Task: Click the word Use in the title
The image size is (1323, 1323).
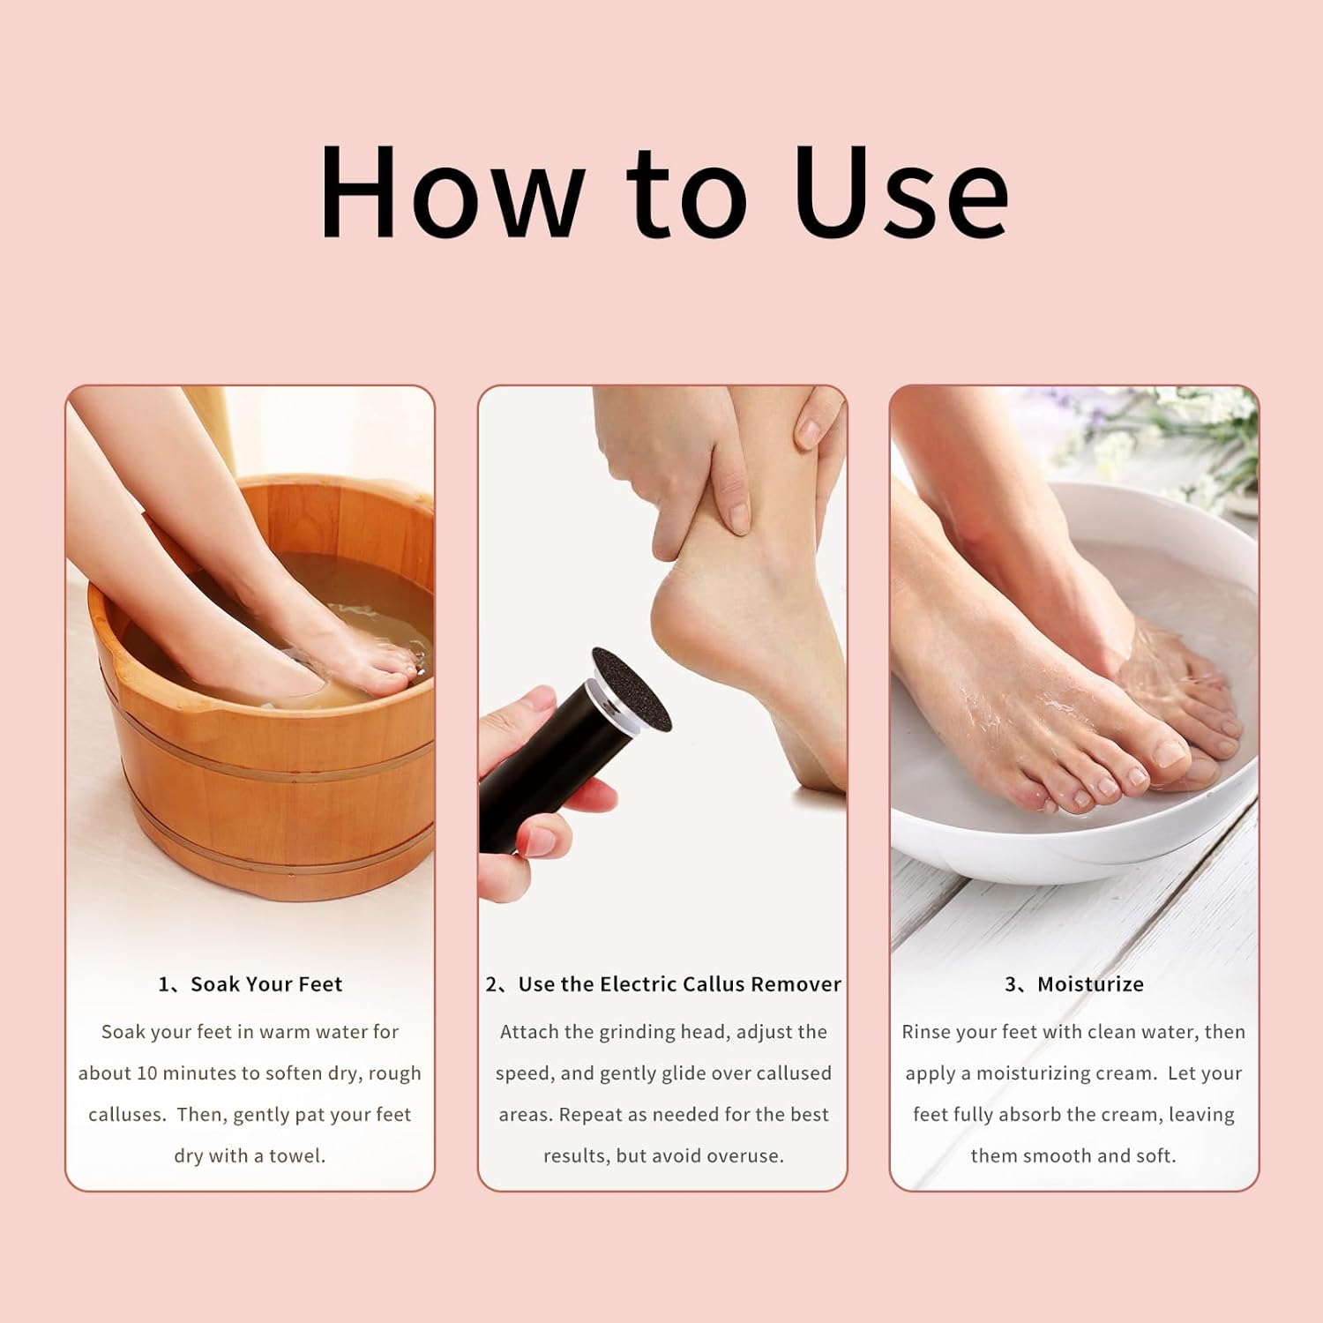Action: pos(900,192)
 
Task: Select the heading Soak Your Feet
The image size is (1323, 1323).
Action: pos(265,984)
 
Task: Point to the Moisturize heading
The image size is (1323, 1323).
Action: pos(1090,984)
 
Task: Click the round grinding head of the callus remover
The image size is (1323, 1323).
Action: pos(632,689)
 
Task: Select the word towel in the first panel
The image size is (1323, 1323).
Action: pos(302,1155)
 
